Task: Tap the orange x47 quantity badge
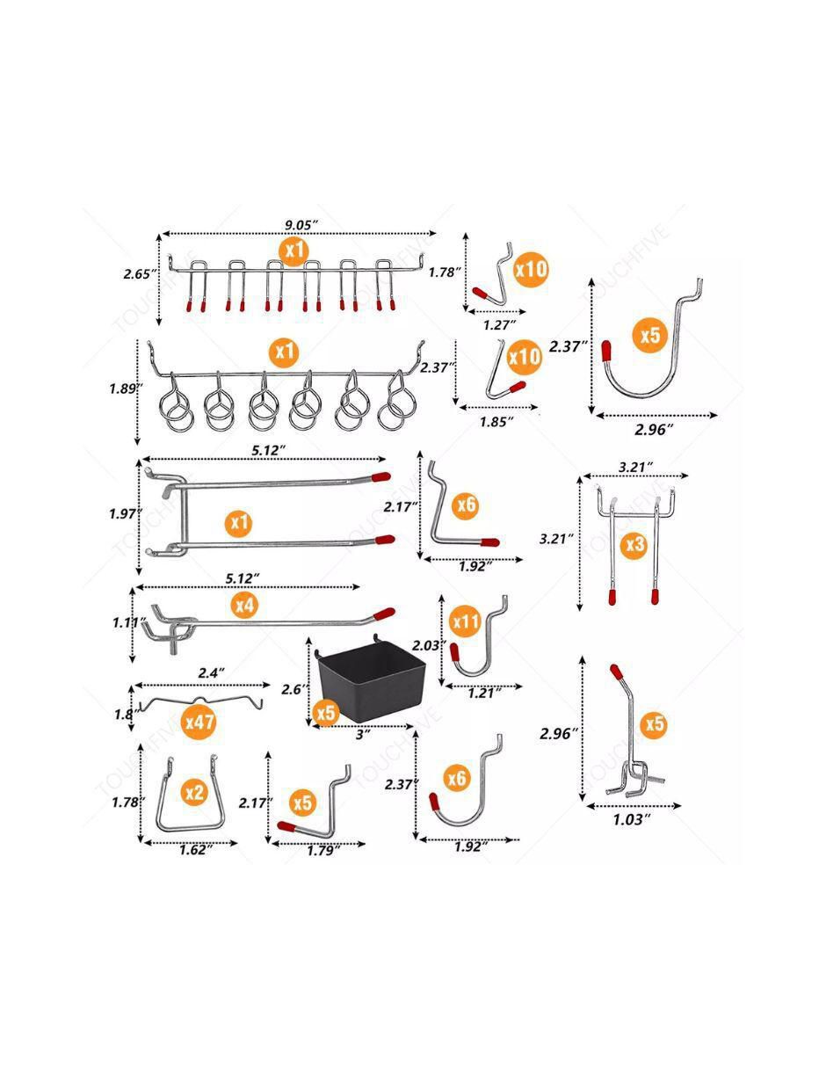199,722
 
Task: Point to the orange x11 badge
466,622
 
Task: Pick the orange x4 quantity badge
245,605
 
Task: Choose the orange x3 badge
637,545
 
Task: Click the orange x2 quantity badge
195,792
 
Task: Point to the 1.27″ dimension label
499,324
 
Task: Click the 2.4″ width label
212,672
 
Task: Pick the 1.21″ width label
484,693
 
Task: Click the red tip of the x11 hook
455,651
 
